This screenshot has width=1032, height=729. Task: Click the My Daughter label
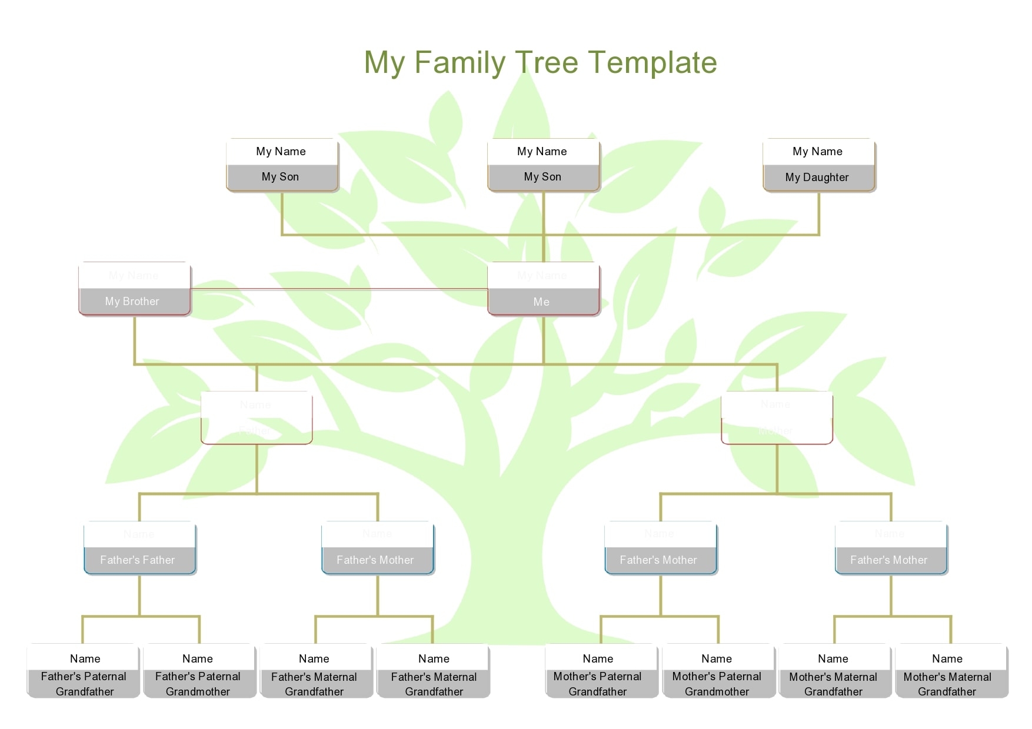tap(817, 178)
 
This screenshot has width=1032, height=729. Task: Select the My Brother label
tap(132, 302)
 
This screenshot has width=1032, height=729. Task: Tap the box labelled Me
tap(542, 302)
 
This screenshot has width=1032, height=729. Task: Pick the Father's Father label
tap(138, 560)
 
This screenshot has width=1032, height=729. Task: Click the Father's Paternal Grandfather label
tap(84, 684)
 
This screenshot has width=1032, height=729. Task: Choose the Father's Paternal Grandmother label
tap(198, 684)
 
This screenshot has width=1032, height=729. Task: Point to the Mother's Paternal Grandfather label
tap(598, 684)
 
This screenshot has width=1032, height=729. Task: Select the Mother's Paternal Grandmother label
tap(717, 684)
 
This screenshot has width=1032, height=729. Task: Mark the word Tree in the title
tap(547, 62)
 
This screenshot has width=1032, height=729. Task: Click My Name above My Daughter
tap(817, 152)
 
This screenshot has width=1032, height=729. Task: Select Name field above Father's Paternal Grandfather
tap(85, 658)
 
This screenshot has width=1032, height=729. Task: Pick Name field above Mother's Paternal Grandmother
tap(717, 658)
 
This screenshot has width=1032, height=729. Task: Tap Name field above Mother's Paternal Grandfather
tap(598, 658)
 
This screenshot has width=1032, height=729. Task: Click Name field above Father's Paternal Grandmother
tap(198, 658)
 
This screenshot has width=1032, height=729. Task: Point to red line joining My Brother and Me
tap(338, 289)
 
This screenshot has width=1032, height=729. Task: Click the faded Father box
tap(257, 418)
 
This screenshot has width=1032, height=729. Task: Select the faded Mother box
tap(777, 418)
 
